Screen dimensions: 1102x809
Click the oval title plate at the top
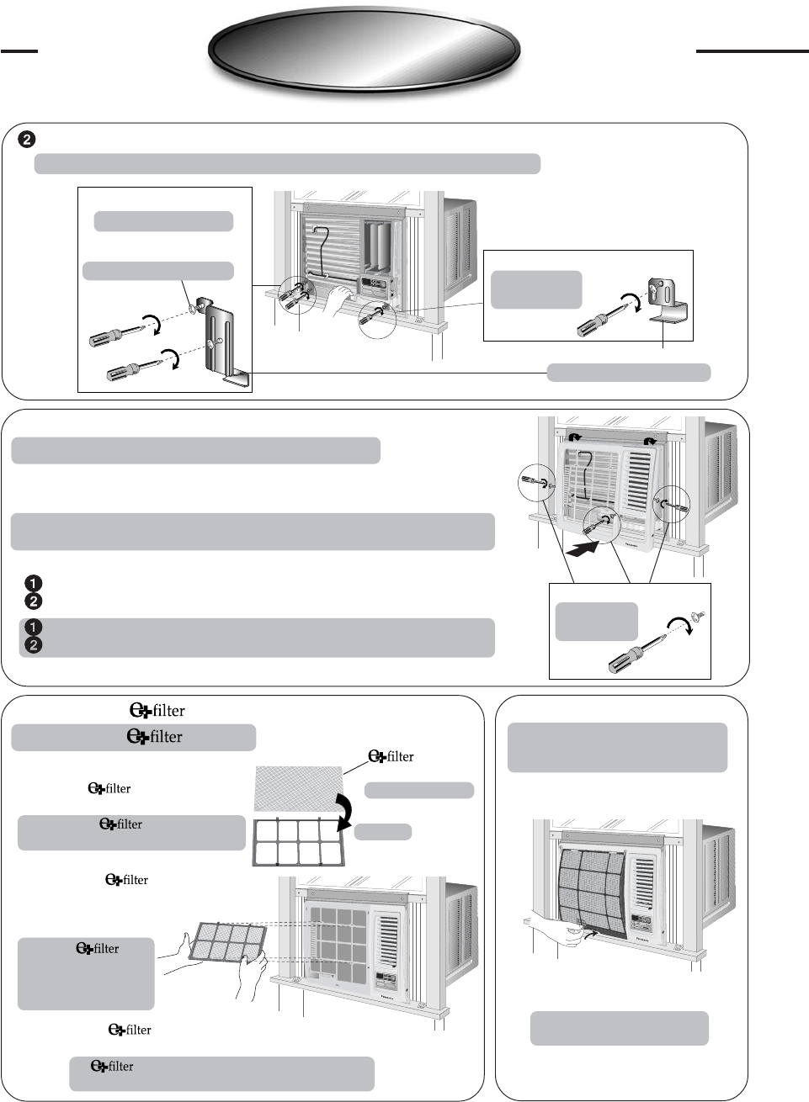pos(364,50)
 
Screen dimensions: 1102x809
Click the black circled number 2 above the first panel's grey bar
pos(27,139)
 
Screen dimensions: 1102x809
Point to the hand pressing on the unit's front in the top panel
pos(340,297)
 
